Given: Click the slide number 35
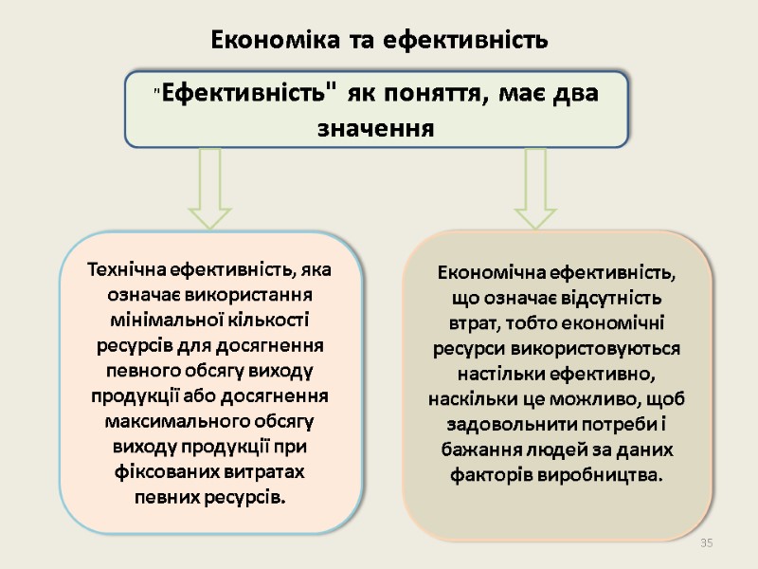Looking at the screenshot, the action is pyautogui.click(x=705, y=541).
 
